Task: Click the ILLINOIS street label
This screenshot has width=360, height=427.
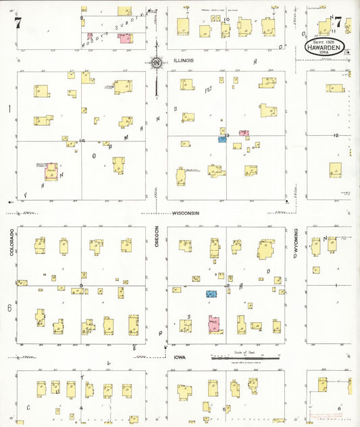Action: coord(184,60)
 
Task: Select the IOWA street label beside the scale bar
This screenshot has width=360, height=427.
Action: coord(179,357)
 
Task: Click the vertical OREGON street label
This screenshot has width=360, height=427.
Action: coord(157,238)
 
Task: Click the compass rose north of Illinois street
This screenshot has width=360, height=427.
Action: coord(157,64)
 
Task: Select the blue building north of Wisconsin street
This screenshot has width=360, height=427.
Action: coord(222,139)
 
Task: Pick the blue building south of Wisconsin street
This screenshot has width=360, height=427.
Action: coord(212,294)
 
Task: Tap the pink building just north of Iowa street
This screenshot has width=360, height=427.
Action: coord(214,324)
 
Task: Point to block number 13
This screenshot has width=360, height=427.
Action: coord(228,136)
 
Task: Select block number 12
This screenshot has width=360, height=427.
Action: coord(336,136)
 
